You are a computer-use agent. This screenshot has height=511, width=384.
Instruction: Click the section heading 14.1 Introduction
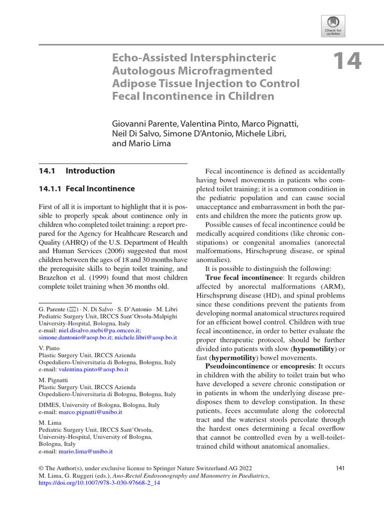coord(76,171)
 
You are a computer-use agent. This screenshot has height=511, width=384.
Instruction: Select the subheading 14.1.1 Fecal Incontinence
coord(86,189)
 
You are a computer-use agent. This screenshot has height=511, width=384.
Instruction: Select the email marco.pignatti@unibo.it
coord(90,413)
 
